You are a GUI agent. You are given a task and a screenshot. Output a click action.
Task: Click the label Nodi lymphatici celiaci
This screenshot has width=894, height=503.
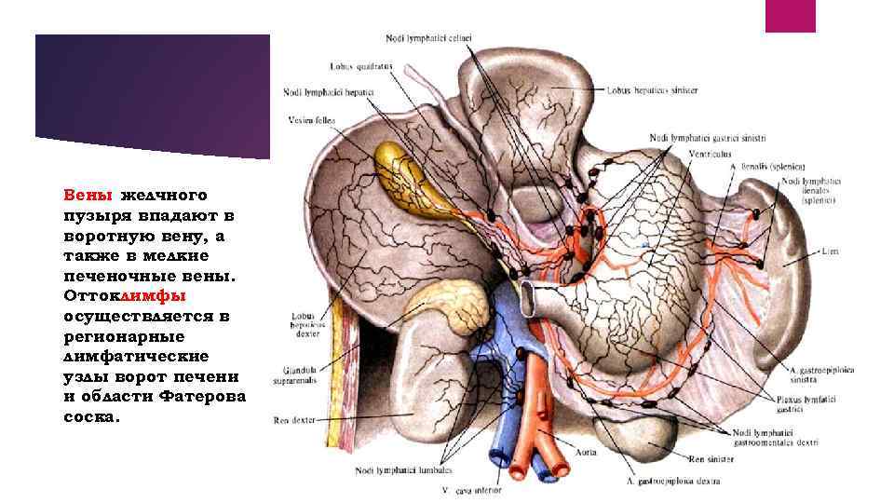click(428, 37)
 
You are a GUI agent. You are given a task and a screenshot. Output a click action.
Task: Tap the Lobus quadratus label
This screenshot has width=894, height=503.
click(349, 66)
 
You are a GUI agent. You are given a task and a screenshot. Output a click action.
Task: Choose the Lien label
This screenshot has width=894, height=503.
click(831, 251)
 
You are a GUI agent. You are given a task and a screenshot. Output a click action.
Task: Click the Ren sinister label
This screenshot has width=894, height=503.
click(710, 458)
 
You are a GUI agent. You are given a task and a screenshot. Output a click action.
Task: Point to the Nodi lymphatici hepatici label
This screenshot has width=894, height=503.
click(329, 91)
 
